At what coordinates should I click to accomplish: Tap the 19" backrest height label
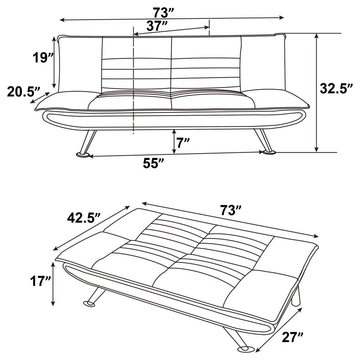pyautogui.click(x=43, y=58)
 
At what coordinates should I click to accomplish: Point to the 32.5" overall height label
pyautogui.click(x=336, y=88)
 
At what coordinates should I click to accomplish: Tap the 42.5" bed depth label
pyautogui.click(x=83, y=218)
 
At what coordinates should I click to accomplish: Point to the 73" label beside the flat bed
pyautogui.click(x=232, y=210)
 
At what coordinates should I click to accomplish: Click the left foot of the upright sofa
pyautogui.click(x=83, y=154)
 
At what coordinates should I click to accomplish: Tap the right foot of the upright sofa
pyautogui.click(x=269, y=152)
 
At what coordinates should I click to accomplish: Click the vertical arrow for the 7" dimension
pyautogui.click(x=174, y=142)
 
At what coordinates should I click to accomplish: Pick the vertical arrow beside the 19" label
pyautogui.click(x=54, y=62)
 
